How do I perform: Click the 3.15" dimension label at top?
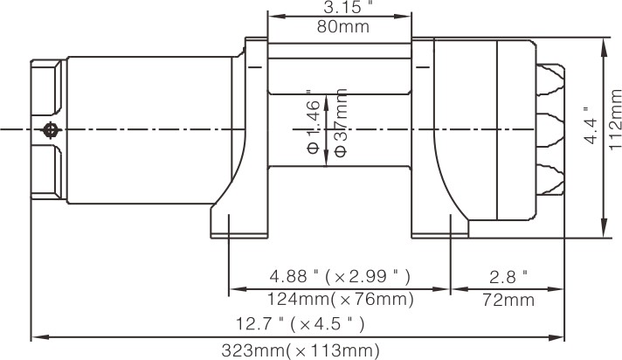[x=339, y=8]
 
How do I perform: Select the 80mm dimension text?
[x=339, y=26]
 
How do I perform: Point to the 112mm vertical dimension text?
[x=612, y=135]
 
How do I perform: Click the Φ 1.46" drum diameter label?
[x=314, y=122]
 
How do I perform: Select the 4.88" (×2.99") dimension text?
[x=339, y=277]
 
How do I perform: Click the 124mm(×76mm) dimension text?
[x=339, y=300]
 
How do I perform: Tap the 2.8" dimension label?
[x=508, y=277]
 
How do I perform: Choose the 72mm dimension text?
[x=508, y=300]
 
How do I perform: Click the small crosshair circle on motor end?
[x=51, y=130]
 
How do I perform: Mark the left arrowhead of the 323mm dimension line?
[x=37, y=336]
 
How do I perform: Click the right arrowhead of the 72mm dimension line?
[x=560, y=289]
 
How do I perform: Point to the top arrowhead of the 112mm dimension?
[x=604, y=42]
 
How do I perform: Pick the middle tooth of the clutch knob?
[x=551, y=129]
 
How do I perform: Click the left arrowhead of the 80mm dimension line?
[x=273, y=17]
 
